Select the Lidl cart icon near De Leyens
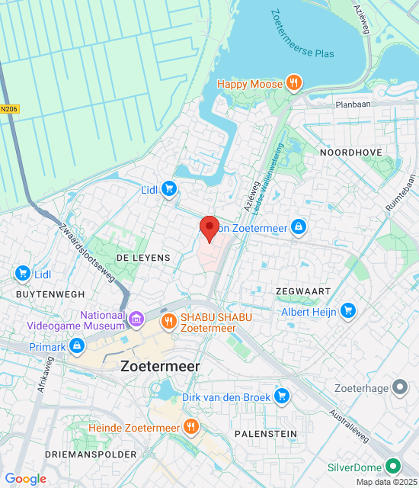(x=169, y=189)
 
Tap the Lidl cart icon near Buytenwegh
(x=21, y=274)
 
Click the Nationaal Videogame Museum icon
(x=136, y=316)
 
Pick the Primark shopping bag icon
(x=76, y=347)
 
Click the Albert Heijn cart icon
(x=348, y=311)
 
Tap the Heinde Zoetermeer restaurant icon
(x=190, y=428)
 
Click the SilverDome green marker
(x=393, y=466)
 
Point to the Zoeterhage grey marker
(x=399, y=388)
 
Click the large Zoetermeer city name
(x=160, y=366)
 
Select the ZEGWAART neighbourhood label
(x=303, y=291)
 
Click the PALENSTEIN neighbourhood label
(x=266, y=433)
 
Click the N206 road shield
(x=8, y=109)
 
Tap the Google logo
(x=26, y=478)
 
